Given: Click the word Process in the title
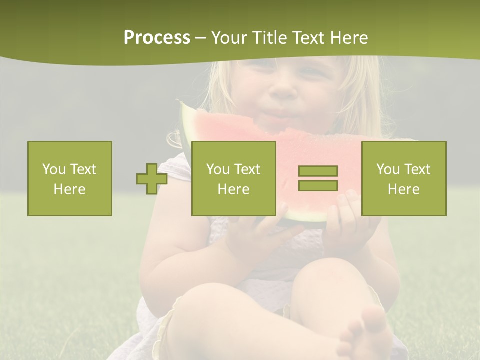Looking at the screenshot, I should pos(157,38).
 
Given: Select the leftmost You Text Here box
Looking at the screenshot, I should pos(70,178).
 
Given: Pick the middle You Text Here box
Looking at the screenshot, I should pos(233,178).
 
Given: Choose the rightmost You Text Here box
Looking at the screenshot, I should pos(404,178).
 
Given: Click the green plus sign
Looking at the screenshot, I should pos(152,179).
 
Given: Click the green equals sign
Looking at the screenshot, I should pos(318,178).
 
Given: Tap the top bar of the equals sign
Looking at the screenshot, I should pos(318,171).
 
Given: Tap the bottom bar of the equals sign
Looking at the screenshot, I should pos(318,185).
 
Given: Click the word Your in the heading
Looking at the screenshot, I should pos(228,38).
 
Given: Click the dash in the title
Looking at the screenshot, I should pos(200,38).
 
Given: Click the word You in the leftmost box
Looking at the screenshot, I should pos(53,169).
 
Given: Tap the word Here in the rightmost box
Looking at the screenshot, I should pos(404,189).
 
